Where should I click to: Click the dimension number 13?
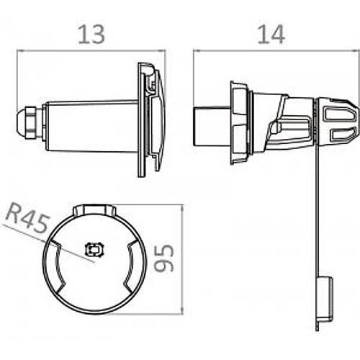(x=91, y=35)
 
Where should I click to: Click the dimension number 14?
(x=271, y=35)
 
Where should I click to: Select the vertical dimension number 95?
(x=164, y=258)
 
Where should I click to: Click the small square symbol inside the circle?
(x=94, y=250)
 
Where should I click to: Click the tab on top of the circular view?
(x=94, y=210)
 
